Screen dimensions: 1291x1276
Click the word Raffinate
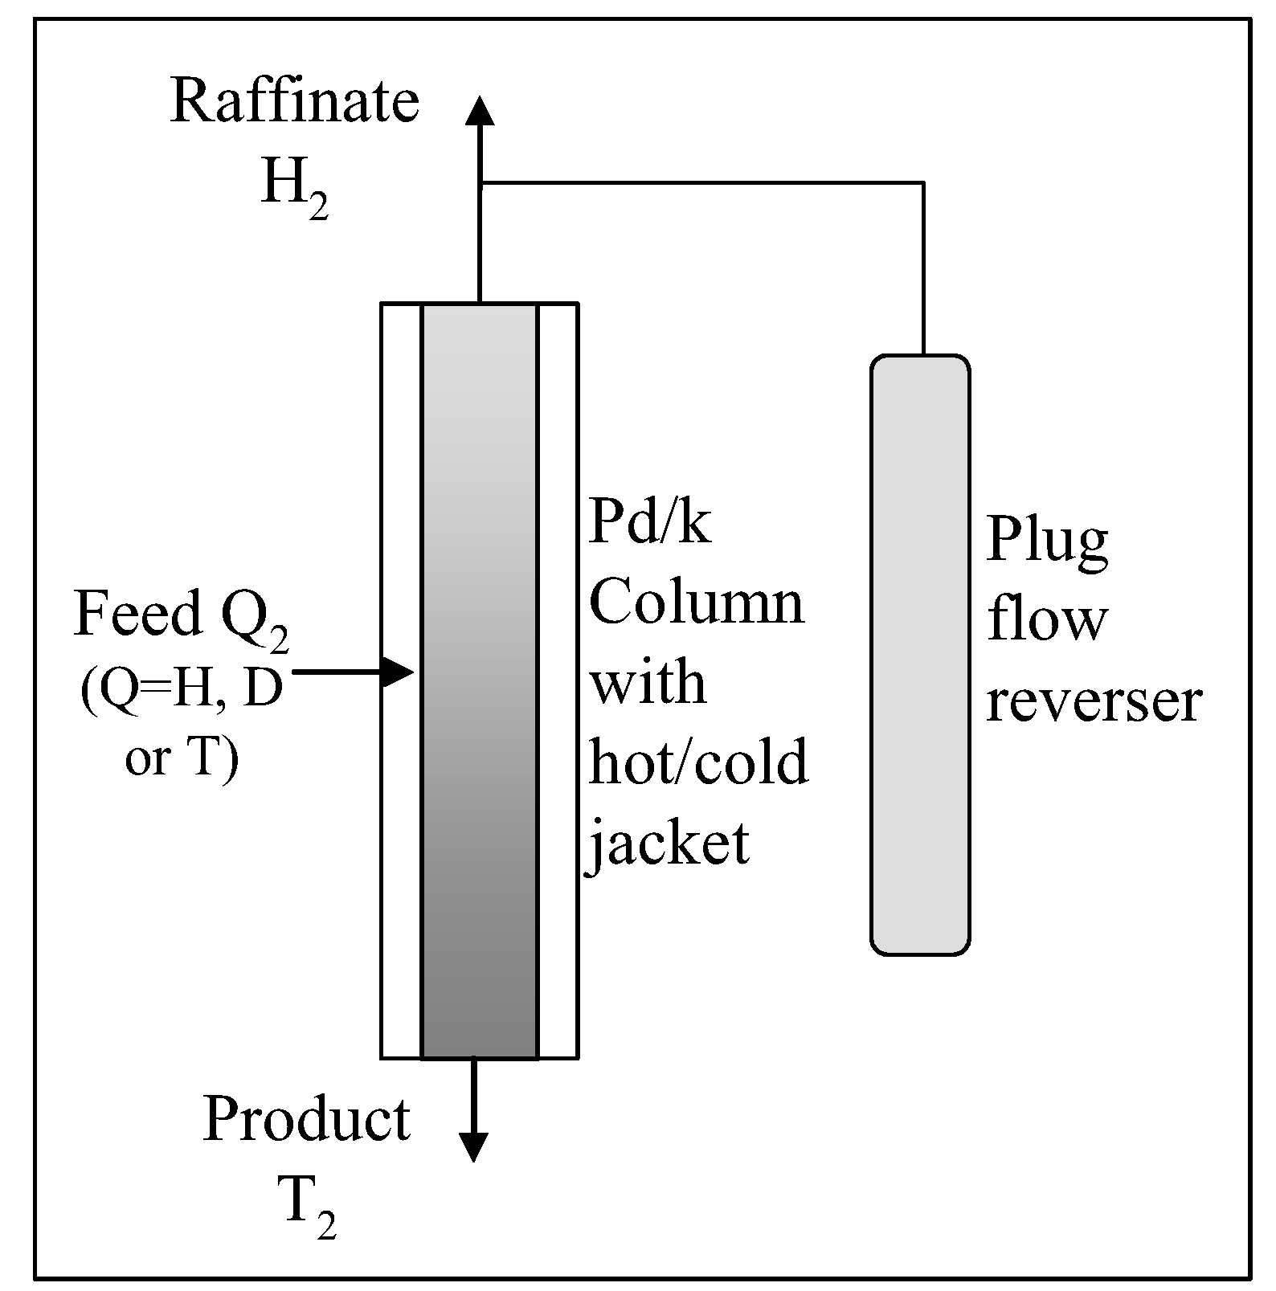click(294, 103)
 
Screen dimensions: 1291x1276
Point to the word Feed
click(137, 614)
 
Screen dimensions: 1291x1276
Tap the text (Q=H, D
click(182, 689)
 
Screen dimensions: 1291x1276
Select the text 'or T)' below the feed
click(182, 757)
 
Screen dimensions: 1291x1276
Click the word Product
click(306, 1119)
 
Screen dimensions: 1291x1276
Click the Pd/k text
click(649, 523)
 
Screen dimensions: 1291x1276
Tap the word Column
click(696, 603)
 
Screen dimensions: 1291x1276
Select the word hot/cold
click(697, 762)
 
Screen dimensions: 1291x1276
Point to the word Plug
click(1047, 541)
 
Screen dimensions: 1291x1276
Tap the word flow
click(1047, 620)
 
